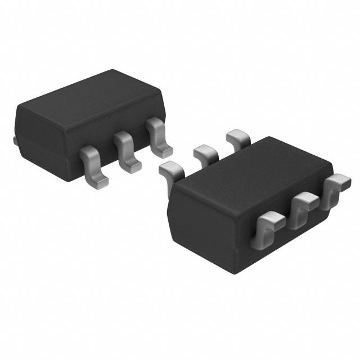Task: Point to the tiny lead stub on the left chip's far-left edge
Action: pos(14,138)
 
